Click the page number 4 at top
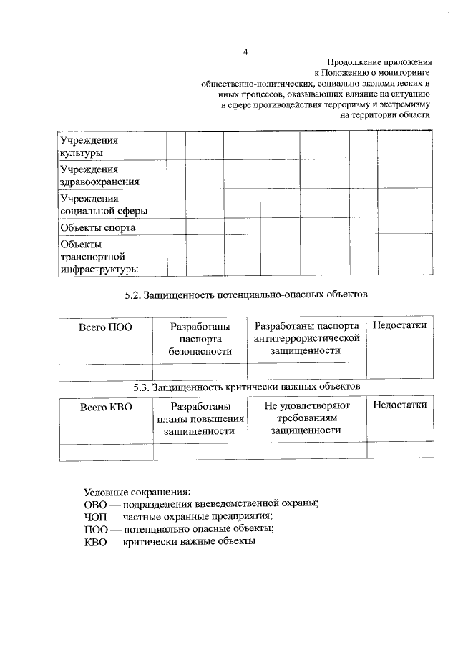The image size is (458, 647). [245, 51]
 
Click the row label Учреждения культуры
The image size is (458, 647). [89, 146]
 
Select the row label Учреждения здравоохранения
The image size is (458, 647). [99, 175]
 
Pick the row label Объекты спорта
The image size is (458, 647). [98, 228]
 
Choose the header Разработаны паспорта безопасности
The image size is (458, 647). [200, 339]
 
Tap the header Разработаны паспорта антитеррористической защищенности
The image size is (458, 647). [306, 338]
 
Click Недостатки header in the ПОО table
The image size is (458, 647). [399, 326]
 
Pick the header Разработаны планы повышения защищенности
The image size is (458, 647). [200, 418]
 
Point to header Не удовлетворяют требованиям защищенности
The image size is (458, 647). [306, 418]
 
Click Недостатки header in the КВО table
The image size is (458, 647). [399, 405]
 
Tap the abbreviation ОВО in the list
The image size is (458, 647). [95, 503]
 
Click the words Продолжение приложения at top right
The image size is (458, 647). [379, 62]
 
